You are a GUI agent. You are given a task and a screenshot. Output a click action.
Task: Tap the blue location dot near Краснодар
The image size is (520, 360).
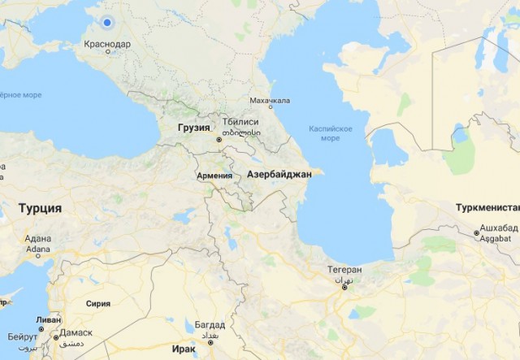tap(107, 22)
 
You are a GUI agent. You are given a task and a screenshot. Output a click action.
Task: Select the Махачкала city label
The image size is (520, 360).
tap(270, 102)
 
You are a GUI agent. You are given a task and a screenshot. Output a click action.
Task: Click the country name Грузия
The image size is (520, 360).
tap(194, 128)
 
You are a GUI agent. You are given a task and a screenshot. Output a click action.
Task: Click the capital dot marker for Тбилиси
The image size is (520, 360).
tap(219, 140)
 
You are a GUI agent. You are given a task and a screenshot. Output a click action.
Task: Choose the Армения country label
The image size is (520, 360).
tap(214, 176)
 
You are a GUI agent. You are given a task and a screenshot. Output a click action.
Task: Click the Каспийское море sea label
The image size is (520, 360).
tap(331, 133)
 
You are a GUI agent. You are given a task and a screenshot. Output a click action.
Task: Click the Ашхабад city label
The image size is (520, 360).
tap(498, 227)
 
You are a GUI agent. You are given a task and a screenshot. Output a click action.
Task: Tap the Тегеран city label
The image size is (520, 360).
tap(344, 270)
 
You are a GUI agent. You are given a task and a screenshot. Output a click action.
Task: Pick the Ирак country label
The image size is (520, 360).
tap(184, 349)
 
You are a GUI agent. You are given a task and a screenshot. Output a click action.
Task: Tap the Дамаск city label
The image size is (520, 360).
tap(76, 333)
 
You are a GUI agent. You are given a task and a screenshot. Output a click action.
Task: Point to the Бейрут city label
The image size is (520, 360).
tap(22, 336)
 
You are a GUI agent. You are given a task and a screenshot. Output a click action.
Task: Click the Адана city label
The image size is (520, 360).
tap(37, 239)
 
